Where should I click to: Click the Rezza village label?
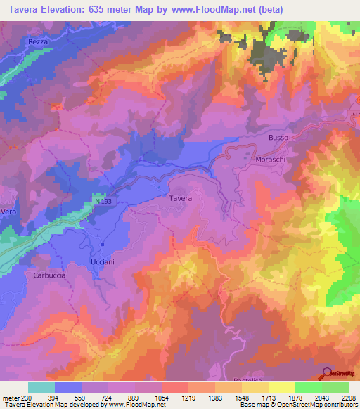pyautogui.click(x=38, y=42)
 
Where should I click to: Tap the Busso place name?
pyautogui.click(x=278, y=138)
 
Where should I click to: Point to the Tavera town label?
pyautogui.click(x=180, y=199)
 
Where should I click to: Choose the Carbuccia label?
pyautogui.click(x=49, y=275)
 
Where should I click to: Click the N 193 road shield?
pyautogui.click(x=103, y=201)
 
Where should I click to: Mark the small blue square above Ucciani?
pyautogui.click(x=102, y=245)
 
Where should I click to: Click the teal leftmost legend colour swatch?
pyautogui.click(x=41, y=387)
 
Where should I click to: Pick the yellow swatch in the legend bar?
pyautogui.click(x=282, y=387)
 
